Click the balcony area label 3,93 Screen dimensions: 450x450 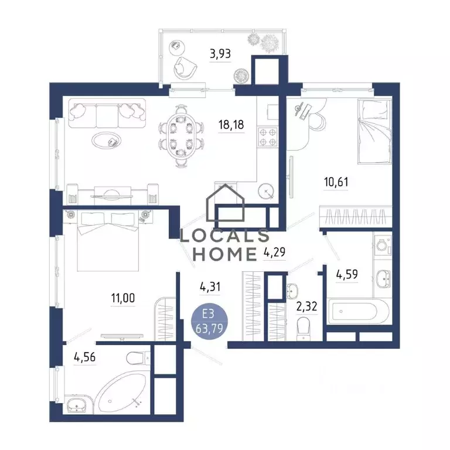pyautogui.click(x=220, y=54)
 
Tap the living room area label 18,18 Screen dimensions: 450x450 pyautogui.click(x=231, y=125)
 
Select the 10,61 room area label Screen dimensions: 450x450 pyautogui.click(x=336, y=182)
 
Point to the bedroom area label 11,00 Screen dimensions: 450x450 pyautogui.click(x=123, y=298)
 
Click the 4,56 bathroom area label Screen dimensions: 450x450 pyautogui.click(x=84, y=357)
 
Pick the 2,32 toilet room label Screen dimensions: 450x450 pyautogui.click(x=306, y=306)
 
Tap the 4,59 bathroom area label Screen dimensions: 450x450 pyautogui.click(x=347, y=275)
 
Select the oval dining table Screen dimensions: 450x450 pyautogui.click(x=181, y=135)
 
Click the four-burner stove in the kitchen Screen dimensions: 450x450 pyautogui.click(x=267, y=137)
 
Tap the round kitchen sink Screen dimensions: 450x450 pyautogui.click(x=266, y=190)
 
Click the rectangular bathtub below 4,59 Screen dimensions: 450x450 pyautogui.click(x=357, y=311)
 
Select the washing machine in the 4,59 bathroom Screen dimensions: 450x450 pyautogui.click(x=382, y=246)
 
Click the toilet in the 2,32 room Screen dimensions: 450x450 pyautogui.click(x=304, y=329)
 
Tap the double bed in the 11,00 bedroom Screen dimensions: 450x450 pyautogui.click(x=108, y=241)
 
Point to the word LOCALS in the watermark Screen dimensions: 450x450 pyautogui.click(x=224, y=236)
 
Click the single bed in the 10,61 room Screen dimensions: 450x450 pyautogui.click(x=374, y=131)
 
